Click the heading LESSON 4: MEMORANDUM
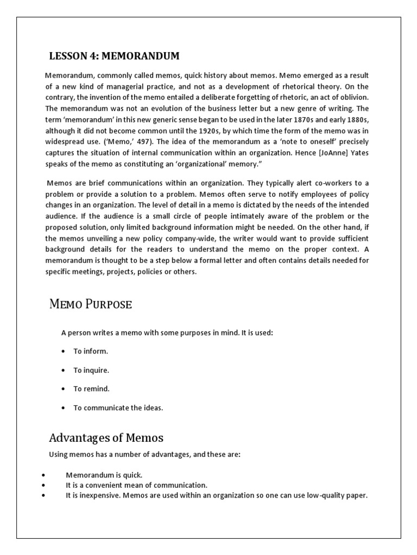114,56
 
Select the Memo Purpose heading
90,304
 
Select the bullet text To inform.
91,351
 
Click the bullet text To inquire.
91,370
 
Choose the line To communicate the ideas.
118,408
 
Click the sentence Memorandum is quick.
104,475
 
